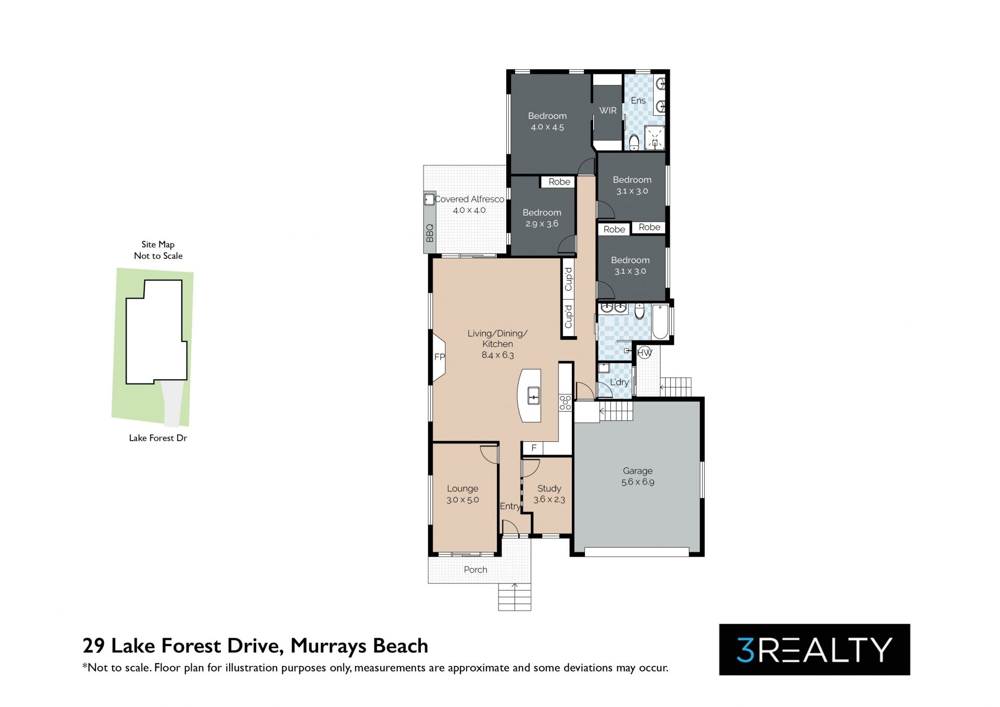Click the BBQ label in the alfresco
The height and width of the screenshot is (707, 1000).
[430, 233]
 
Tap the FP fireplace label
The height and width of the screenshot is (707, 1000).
[440, 357]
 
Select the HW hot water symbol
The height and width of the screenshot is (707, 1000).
[645, 353]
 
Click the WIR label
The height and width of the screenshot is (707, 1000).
[608, 110]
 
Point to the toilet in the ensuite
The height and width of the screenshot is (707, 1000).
[634, 142]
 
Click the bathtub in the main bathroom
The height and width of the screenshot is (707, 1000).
[660, 321]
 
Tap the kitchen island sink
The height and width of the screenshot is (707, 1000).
[534, 396]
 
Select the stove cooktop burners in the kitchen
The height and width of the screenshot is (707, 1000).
[565, 402]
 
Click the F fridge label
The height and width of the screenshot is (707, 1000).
[534, 448]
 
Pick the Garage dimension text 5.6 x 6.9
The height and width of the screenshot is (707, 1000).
[637, 482]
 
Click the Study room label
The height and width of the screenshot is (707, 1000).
[549, 488]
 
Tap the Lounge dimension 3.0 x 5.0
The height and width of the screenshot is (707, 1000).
[463, 500]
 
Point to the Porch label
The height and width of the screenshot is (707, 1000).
[476, 569]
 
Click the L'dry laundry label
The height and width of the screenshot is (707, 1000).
[619, 382]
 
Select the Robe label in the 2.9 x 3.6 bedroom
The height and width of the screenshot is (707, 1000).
[559, 182]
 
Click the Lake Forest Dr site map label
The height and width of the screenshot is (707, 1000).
[158, 438]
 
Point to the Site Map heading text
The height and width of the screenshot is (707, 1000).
[158, 244]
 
